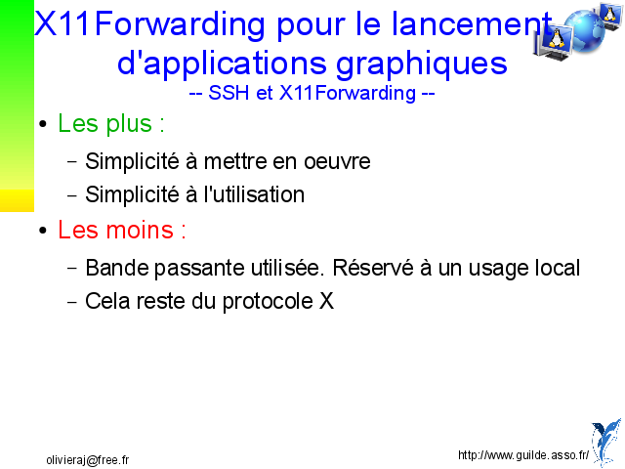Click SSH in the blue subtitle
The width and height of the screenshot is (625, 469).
229,93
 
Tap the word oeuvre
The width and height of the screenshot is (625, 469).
337,162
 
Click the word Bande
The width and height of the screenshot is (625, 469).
117,268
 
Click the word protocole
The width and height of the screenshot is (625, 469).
268,302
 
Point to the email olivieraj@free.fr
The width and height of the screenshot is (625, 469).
88,460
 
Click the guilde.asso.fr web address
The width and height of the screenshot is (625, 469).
523,455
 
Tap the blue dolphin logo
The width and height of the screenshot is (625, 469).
606,442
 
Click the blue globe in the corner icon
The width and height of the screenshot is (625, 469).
584,32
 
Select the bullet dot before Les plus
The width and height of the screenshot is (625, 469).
43,124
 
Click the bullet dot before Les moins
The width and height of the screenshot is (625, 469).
43,231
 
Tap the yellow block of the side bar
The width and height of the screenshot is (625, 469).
18,200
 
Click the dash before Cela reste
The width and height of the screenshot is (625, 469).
72,302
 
